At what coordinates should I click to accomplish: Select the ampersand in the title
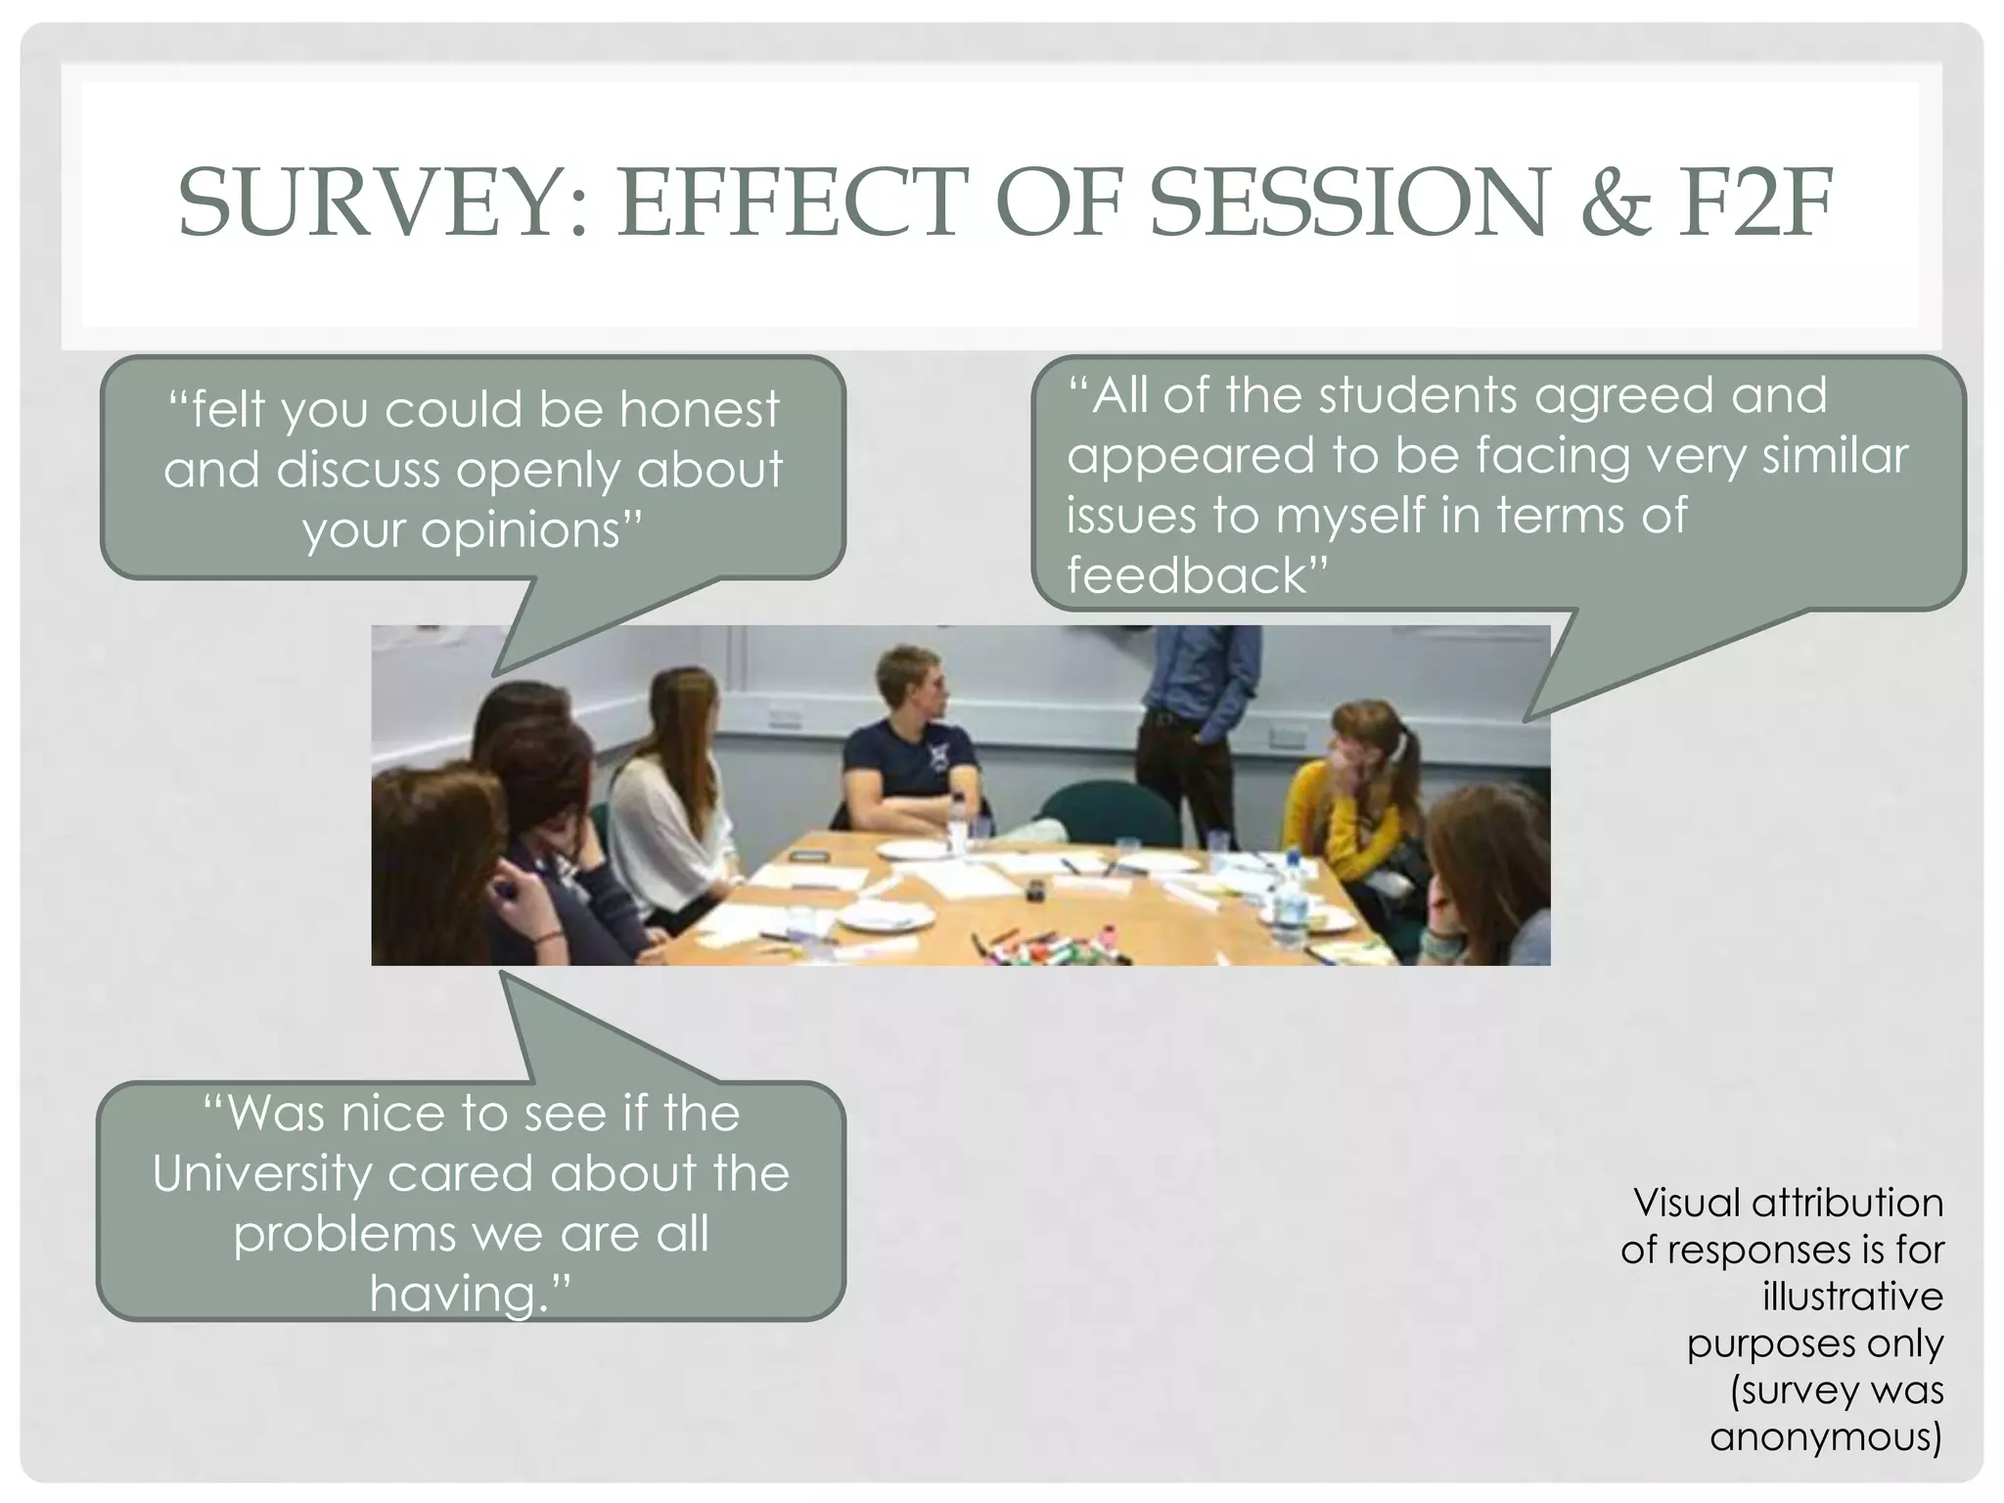click(1616, 203)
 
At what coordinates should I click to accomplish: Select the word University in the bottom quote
click(262, 1174)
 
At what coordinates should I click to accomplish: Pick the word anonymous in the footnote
click(1825, 1437)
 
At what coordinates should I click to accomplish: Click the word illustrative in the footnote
click(1852, 1297)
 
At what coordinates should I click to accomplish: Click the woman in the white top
click(665, 802)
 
